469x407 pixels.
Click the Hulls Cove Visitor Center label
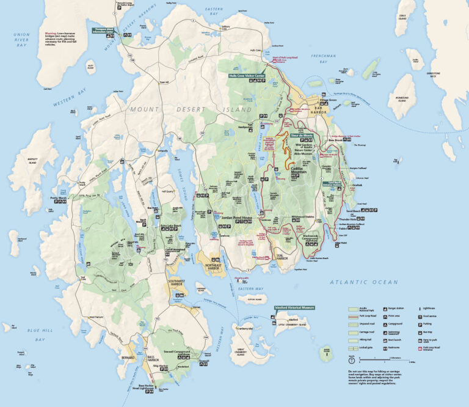(247, 76)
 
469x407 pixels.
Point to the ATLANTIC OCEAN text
(363, 282)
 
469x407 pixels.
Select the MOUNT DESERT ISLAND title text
(190, 109)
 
